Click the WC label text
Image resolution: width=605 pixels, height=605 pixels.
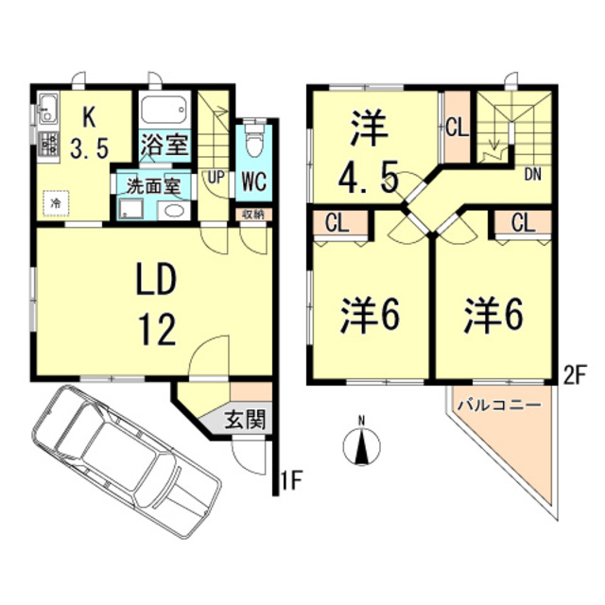(x=251, y=180)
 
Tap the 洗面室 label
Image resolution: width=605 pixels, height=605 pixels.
(x=154, y=184)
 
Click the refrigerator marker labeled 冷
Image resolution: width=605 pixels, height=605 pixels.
(x=57, y=202)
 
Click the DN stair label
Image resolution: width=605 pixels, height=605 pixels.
(x=532, y=173)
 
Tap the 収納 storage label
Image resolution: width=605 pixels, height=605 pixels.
(x=251, y=214)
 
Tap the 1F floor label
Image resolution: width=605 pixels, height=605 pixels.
(x=293, y=485)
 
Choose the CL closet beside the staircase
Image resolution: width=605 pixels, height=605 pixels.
(x=457, y=125)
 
